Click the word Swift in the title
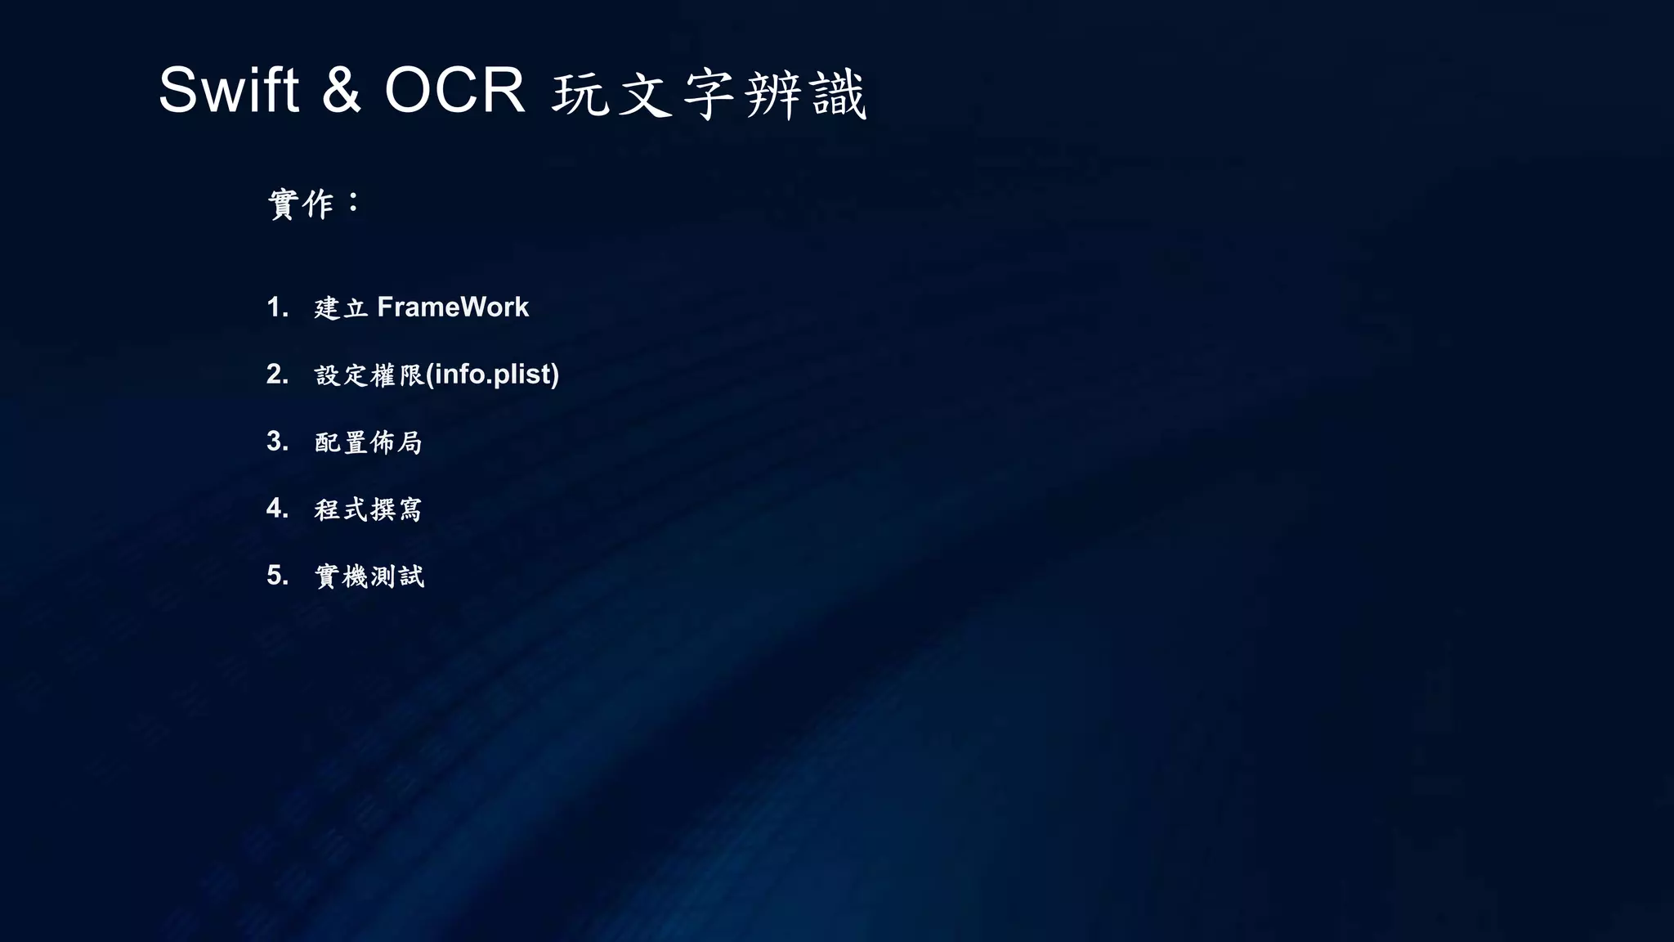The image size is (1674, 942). [228, 90]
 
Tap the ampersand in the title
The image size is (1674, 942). [342, 90]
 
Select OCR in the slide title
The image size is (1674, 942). [454, 90]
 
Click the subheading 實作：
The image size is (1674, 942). [314, 204]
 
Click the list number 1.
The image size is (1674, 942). [277, 307]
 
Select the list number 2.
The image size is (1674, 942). [277, 375]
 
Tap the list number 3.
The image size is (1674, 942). [277, 442]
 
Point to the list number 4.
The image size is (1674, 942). [277, 509]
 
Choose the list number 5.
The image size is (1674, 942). [277, 576]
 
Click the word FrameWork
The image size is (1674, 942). [453, 307]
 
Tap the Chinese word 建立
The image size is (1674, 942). [341, 308]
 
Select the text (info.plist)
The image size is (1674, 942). [493, 375]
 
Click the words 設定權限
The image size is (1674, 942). [369, 375]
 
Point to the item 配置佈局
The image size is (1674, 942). [369, 442]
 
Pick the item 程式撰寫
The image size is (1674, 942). [369, 509]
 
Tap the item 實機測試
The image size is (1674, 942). [369, 576]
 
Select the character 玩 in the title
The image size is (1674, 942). [580, 95]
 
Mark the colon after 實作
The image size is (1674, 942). [353, 203]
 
